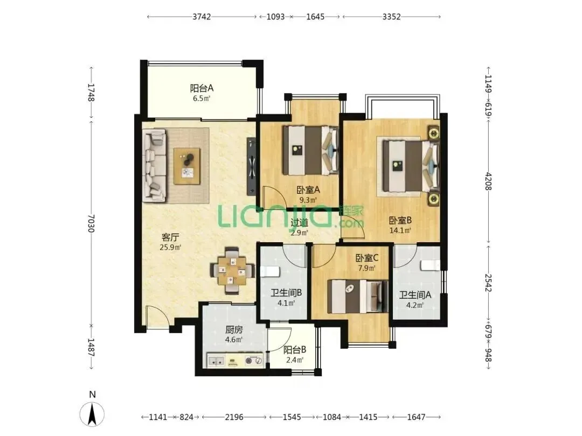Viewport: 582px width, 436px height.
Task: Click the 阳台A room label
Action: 202,88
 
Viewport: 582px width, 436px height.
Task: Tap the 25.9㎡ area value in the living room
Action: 170,247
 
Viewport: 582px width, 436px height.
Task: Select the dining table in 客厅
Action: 232,270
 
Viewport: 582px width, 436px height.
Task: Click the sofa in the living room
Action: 155,166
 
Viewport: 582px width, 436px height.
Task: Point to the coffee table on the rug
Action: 187,166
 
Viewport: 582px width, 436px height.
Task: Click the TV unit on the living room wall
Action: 252,166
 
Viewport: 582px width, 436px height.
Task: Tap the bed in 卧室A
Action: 311,150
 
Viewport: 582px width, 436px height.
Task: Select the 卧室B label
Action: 400,221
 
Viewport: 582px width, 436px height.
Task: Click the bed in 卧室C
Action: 358,296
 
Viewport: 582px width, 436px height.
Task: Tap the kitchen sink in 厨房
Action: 216,360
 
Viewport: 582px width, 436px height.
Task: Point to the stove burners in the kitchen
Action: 253,360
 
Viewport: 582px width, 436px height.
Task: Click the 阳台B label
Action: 295,350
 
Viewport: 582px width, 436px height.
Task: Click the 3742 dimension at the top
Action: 202,17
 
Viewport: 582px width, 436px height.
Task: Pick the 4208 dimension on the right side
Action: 488,181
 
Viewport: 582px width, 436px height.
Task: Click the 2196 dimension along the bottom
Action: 234,417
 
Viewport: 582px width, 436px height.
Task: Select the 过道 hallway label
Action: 299,222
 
